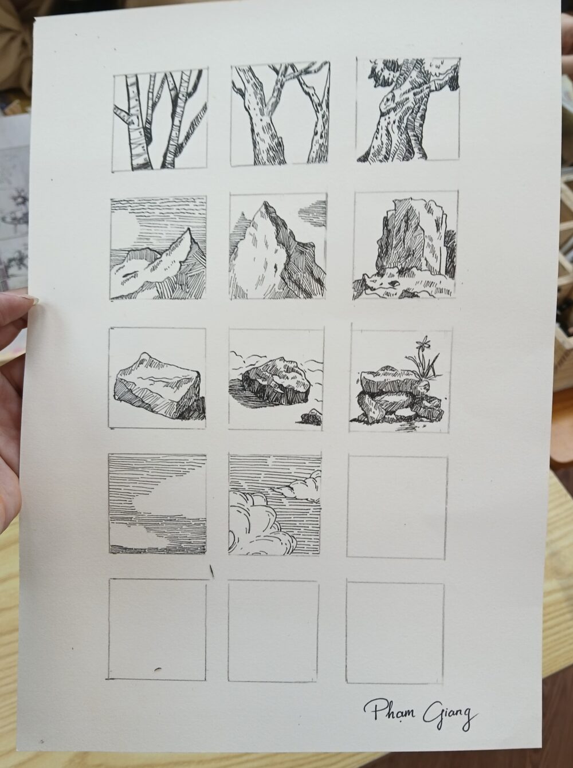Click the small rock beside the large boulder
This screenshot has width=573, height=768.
[x=311, y=418]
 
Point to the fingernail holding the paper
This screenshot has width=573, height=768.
[x=29, y=299]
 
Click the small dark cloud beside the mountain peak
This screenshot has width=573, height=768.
[x=312, y=210]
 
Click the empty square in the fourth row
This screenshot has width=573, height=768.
[x=397, y=507]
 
